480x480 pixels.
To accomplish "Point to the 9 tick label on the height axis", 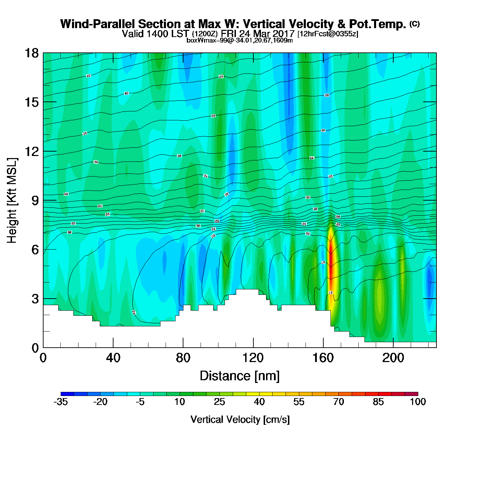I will [35, 201].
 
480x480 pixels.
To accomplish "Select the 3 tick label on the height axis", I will [35, 299].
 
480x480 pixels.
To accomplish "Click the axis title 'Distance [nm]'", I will [240, 376].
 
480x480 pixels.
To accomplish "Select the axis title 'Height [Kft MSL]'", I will [12, 201].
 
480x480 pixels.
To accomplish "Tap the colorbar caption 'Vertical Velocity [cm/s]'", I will [240, 419].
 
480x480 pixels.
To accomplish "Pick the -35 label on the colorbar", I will [61, 402].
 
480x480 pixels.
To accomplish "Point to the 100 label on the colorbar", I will [418, 402].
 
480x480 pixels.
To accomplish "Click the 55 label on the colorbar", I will [299, 402].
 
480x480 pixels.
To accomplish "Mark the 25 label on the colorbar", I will [219, 402].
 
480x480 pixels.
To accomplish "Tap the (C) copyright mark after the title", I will [415, 24].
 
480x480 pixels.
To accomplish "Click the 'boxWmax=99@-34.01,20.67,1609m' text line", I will [240, 40].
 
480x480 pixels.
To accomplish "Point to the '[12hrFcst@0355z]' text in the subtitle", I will [328, 34].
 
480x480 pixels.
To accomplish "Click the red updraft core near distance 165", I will [331, 261].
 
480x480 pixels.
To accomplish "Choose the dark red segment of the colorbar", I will [411, 394].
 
